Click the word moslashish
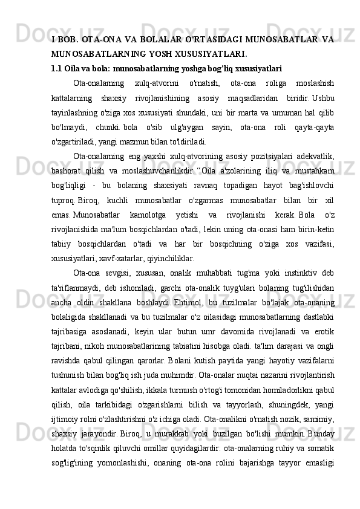coord(313,83)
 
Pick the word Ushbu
coord(322,99)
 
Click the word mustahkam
coord(313,173)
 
